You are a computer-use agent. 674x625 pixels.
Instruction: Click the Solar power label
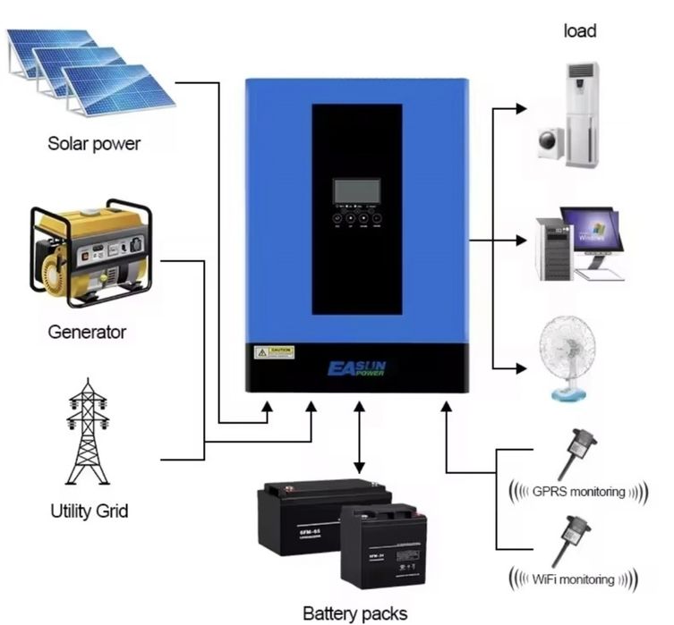click(94, 143)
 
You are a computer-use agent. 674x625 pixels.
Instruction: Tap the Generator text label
click(87, 332)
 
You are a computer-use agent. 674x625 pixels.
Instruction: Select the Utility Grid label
click(89, 511)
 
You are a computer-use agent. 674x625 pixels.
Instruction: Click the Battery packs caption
click(354, 613)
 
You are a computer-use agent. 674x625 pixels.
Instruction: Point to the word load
click(579, 31)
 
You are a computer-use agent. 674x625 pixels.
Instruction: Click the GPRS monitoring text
click(574, 491)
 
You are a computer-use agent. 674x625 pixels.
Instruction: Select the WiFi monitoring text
click(574, 579)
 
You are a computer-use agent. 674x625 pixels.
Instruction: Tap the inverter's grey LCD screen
click(356, 190)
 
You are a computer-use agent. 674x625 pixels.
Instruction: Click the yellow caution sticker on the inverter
click(274, 352)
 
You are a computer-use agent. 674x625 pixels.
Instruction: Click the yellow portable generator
click(90, 251)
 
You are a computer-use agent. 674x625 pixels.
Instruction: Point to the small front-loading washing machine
click(550, 143)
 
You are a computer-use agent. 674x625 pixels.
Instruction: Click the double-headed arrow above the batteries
click(359, 438)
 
